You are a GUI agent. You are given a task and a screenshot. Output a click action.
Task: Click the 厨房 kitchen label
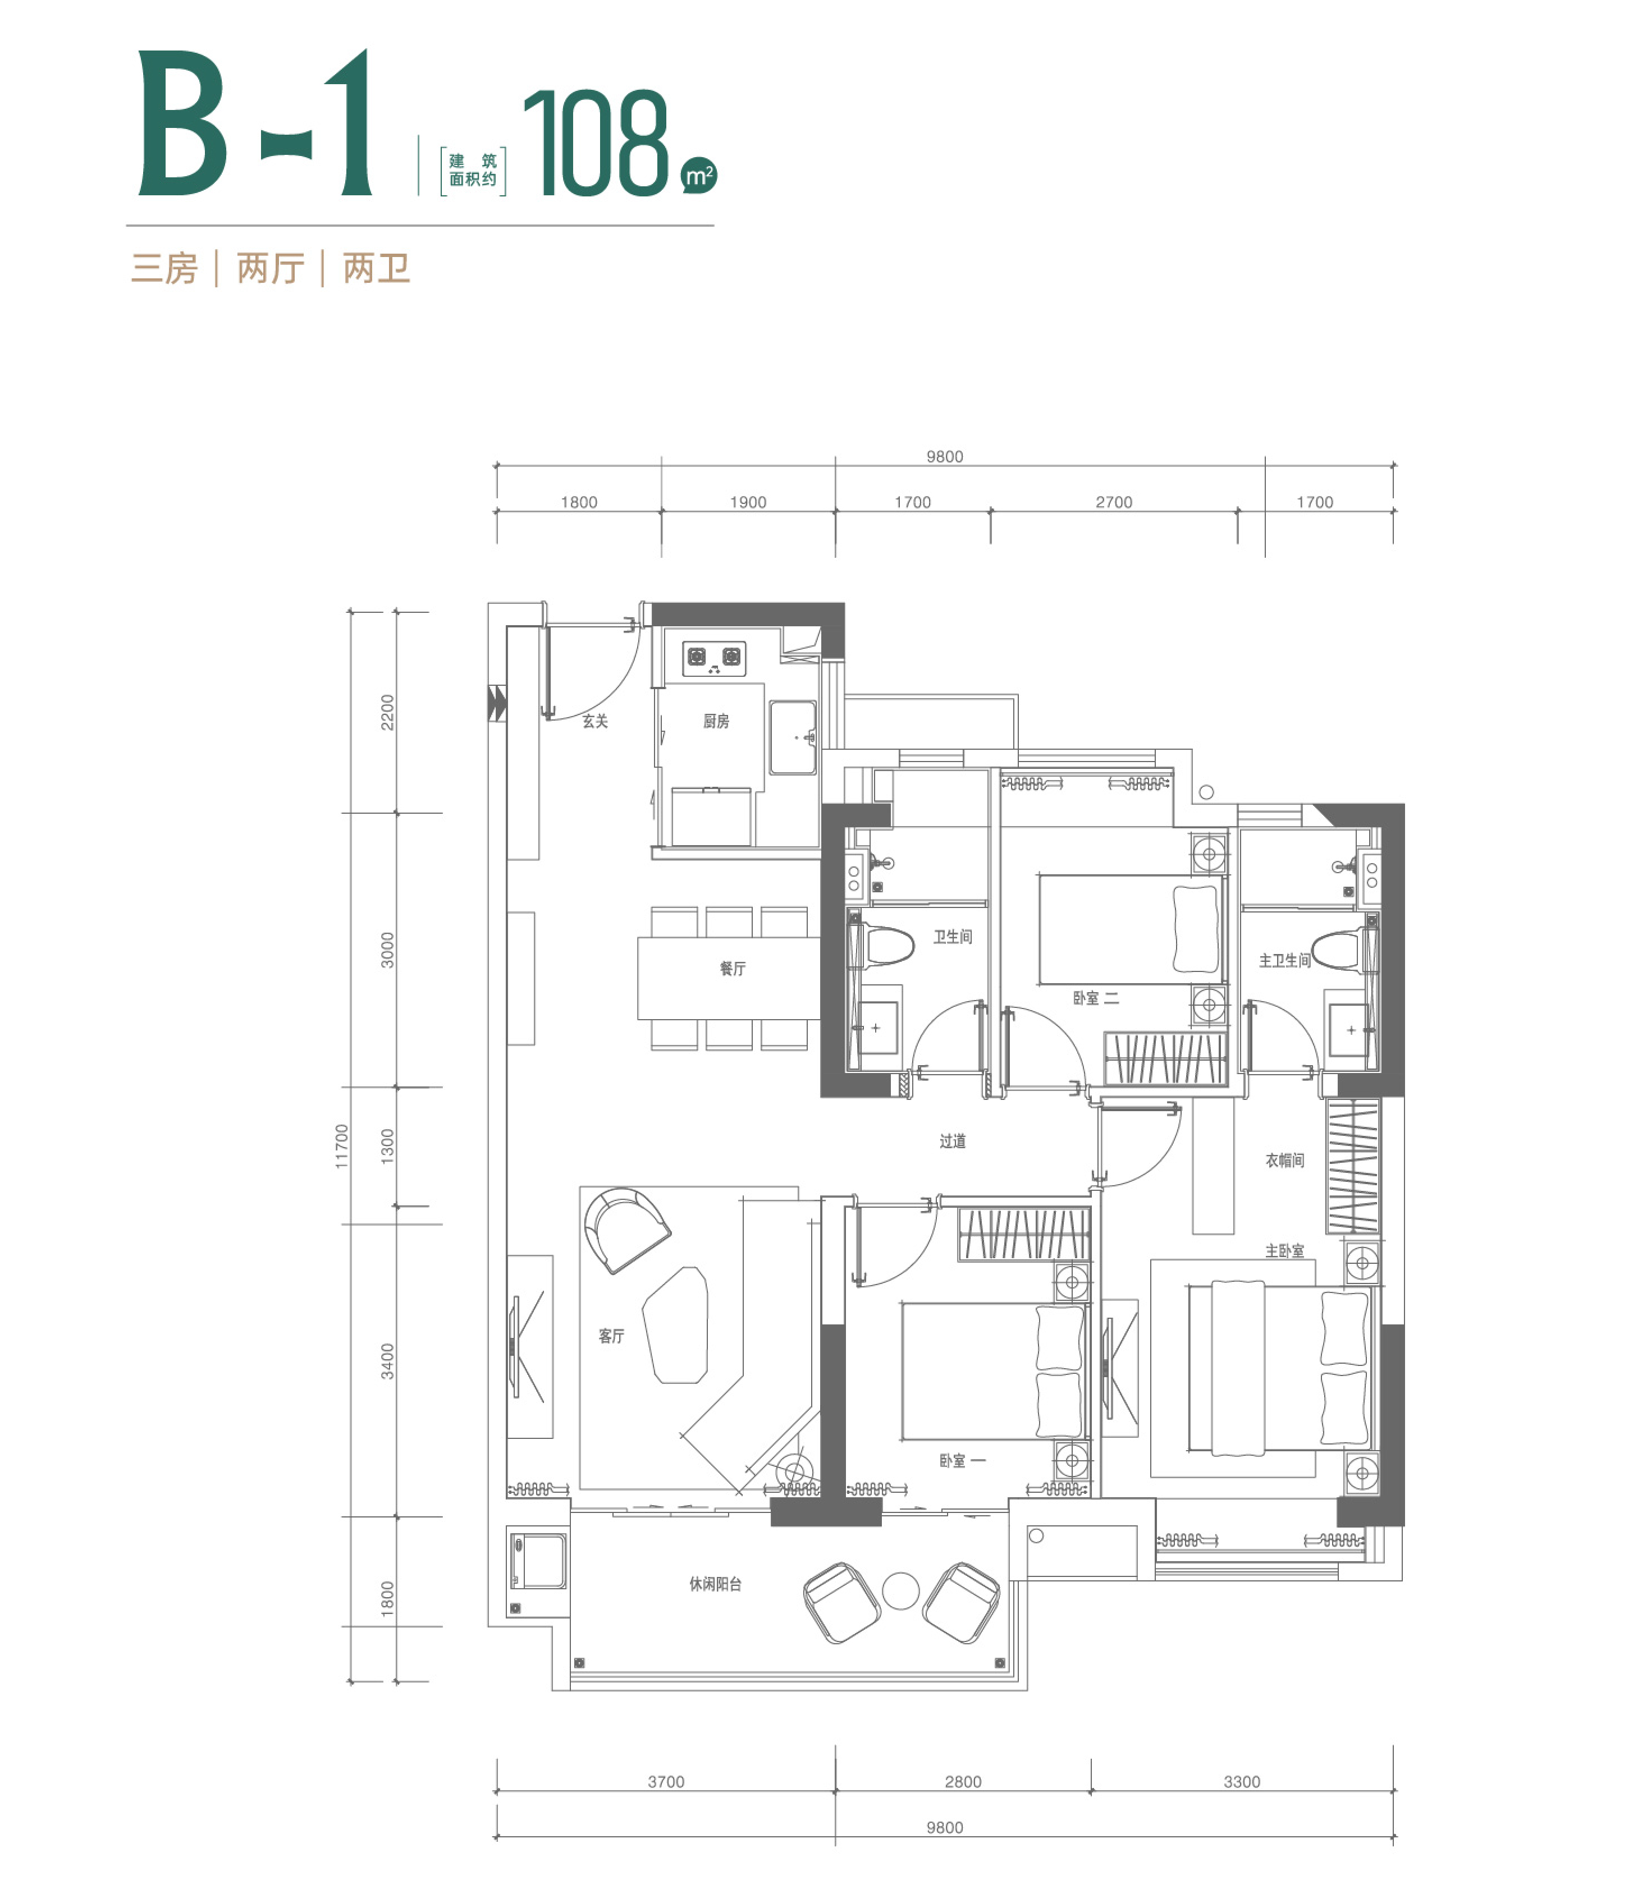pos(716,721)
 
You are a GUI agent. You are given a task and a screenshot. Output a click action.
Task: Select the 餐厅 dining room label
pos(733,969)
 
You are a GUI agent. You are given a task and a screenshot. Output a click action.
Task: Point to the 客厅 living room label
pos(611,1336)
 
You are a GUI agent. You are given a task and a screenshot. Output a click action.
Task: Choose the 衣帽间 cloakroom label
pos(1285,1161)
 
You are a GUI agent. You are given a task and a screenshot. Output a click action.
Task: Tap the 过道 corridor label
pos(952,1141)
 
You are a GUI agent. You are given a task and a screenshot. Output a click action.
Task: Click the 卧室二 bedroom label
pos(1096,998)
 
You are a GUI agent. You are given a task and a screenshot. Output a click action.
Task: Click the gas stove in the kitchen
pos(714,658)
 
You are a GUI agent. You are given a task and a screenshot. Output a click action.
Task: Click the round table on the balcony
pos(901,1590)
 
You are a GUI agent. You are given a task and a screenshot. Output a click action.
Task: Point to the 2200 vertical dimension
pos(387,712)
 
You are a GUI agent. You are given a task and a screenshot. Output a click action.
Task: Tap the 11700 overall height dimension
pos(342,1147)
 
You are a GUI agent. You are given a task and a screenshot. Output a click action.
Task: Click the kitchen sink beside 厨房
pos(792,738)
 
